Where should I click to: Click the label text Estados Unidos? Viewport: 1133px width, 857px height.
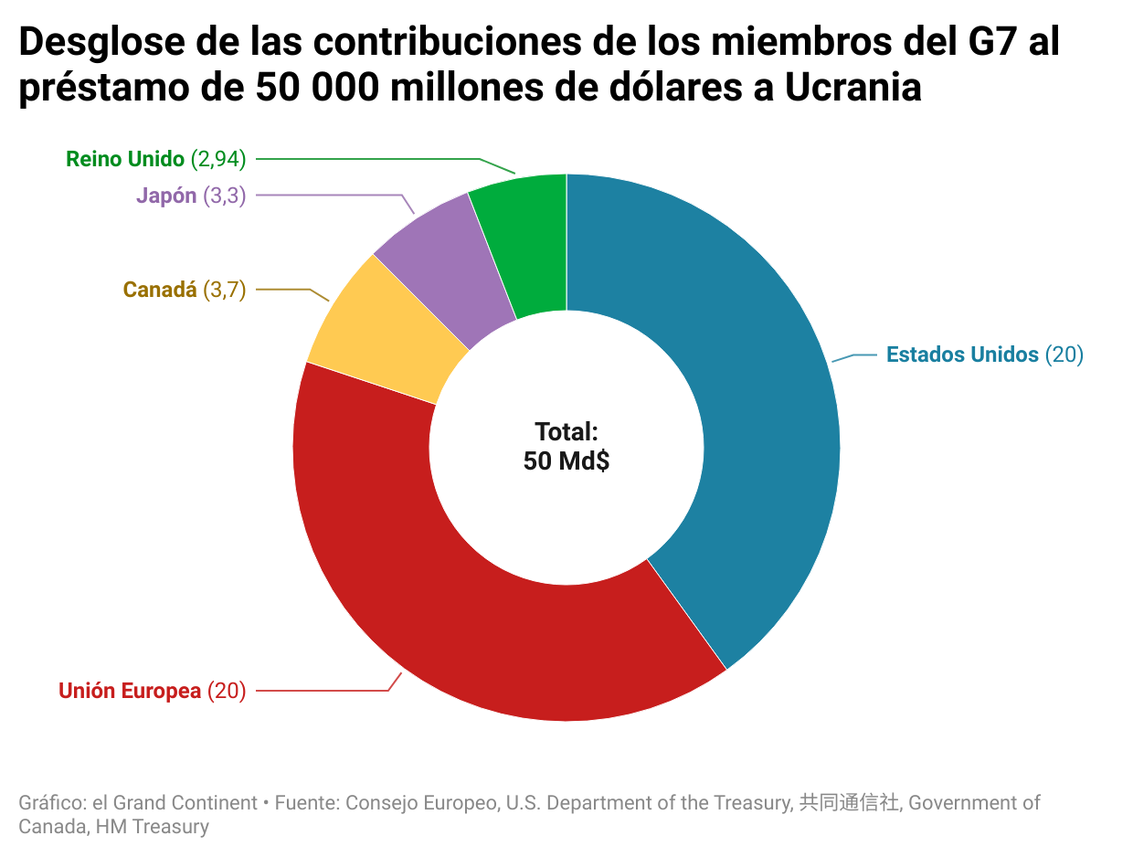962,354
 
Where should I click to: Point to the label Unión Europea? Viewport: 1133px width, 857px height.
130,691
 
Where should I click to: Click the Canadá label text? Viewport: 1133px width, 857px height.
160,290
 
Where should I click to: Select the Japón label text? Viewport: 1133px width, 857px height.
166,196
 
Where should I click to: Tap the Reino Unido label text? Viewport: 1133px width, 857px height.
125,159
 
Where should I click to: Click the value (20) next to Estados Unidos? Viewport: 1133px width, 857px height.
1064,354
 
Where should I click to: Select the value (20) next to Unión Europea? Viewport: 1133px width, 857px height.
227,691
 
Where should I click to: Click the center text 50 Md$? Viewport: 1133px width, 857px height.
566,461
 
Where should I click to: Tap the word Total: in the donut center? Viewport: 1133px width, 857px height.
566,431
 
